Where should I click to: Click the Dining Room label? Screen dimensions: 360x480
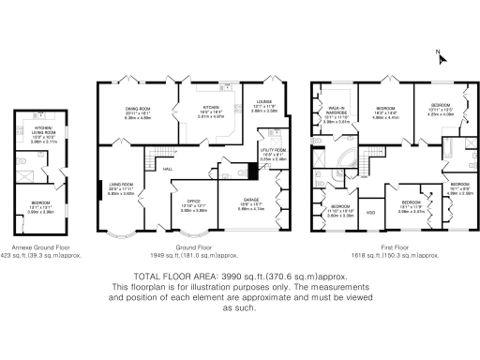[138, 109]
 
